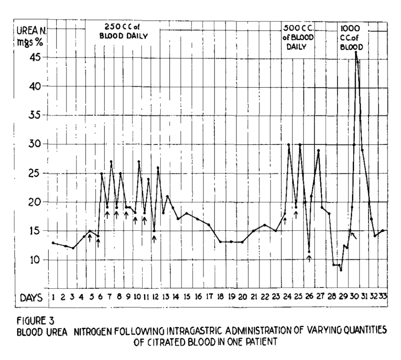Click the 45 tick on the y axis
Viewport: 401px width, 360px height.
point(38,57)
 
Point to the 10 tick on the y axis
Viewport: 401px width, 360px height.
point(38,259)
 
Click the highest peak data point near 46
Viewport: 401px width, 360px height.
point(356,52)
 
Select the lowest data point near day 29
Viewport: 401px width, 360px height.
point(341,270)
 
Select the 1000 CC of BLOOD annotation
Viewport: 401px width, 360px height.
point(351,37)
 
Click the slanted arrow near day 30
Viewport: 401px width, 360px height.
point(353,235)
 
